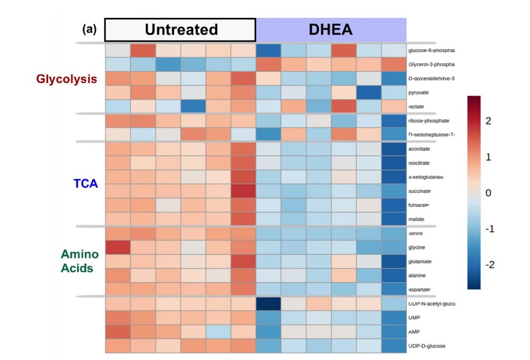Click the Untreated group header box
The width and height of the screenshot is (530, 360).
pyautogui.click(x=181, y=30)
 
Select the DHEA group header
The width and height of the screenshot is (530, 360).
pyautogui.click(x=331, y=30)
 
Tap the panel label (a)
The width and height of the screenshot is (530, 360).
pyautogui.click(x=90, y=29)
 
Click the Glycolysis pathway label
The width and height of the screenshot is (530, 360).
pyautogui.click(x=66, y=79)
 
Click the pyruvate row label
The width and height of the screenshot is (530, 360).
pyautogui.click(x=419, y=93)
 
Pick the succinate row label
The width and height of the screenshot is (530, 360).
pyautogui.click(x=421, y=191)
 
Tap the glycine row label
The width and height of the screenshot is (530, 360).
pyautogui.click(x=418, y=247)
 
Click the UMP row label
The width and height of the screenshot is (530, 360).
pyautogui.click(x=415, y=318)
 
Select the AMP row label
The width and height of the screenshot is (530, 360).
pyautogui.click(x=415, y=332)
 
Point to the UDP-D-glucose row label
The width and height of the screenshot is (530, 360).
pyautogui.click(x=427, y=346)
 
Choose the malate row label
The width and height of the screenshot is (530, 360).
pyautogui.click(x=417, y=219)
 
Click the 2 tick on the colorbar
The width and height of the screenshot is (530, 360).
pyautogui.click(x=488, y=121)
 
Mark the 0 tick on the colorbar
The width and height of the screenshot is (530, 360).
pyautogui.click(x=488, y=193)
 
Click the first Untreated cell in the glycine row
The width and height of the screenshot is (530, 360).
pyautogui.click(x=117, y=247)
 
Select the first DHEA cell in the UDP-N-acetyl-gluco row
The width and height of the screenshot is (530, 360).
pyautogui.click(x=268, y=304)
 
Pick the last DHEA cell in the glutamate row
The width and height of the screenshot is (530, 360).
pyautogui.click(x=394, y=261)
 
